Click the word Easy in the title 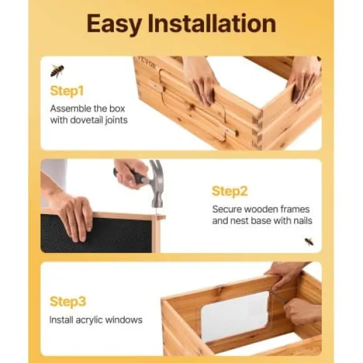coord(115,24)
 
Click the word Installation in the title coord(212,23)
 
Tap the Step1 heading coord(67,91)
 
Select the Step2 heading coord(230,192)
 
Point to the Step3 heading coord(68,302)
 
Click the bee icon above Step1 coord(57,71)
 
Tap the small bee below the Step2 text coord(309,242)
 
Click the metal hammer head coord(156,183)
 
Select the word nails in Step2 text coord(303,221)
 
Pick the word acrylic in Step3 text coord(89,320)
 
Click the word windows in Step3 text coord(124,320)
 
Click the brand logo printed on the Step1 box coord(148,63)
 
